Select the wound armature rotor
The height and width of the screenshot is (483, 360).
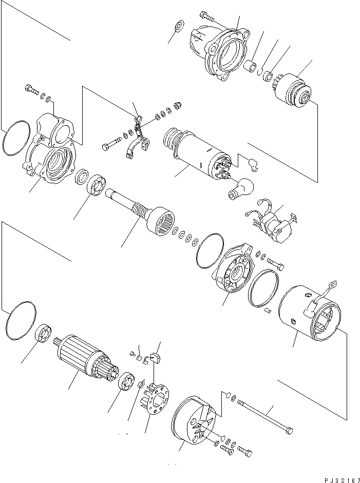[82, 359]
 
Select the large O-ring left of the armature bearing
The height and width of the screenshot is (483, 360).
[21, 321]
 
